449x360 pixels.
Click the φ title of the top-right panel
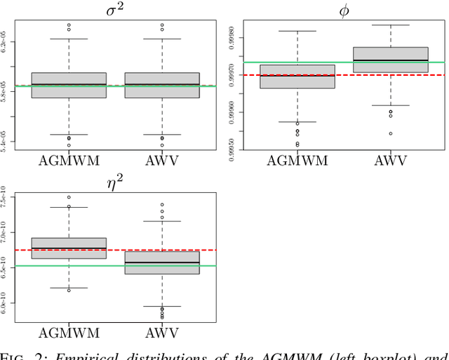343,11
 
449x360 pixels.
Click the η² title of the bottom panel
115,182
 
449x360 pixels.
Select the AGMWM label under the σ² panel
69,160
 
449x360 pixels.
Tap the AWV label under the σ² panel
162,160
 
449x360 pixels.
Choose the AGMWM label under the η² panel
69,333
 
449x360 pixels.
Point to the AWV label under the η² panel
162,333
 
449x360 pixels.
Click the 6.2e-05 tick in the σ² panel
6,44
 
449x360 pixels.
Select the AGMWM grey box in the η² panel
69,248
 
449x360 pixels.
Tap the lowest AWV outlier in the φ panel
391,133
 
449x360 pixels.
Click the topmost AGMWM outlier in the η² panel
69,197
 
